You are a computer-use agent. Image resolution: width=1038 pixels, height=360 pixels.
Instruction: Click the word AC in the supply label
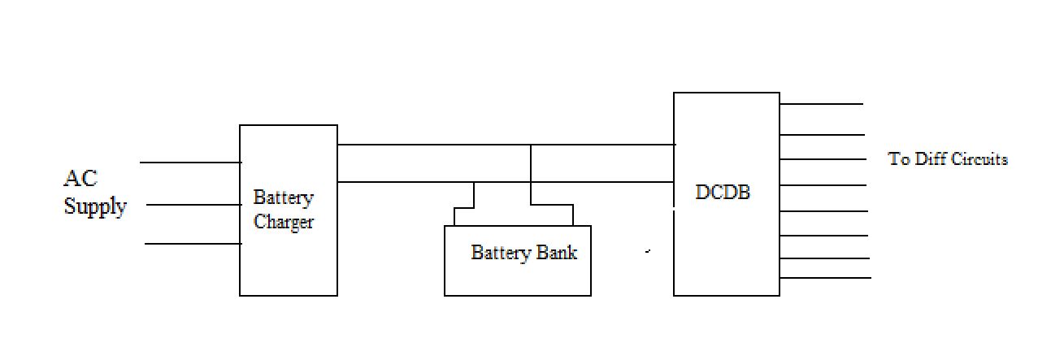(80, 179)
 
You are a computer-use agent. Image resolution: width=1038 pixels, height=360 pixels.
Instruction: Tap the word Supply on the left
(95, 206)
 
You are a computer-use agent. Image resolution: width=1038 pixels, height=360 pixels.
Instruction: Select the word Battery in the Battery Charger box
(283, 197)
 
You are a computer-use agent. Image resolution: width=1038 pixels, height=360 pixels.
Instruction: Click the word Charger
(284, 222)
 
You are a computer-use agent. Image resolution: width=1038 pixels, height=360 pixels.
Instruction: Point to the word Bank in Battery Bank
(557, 253)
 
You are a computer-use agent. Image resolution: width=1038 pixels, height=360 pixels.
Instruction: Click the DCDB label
(723, 193)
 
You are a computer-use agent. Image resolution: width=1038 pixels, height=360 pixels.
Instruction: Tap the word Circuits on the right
(979, 159)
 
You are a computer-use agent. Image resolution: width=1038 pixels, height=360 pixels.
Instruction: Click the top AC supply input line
(190, 163)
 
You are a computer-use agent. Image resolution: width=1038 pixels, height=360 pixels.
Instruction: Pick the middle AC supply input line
(193, 205)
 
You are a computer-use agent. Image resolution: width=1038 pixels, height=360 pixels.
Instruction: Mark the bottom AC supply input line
(193, 243)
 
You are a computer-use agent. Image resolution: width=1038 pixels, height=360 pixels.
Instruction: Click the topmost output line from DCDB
(821, 104)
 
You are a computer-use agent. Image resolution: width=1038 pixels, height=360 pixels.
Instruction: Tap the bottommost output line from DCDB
(825, 278)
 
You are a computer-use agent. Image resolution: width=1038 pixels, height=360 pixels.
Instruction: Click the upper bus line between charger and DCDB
(431, 145)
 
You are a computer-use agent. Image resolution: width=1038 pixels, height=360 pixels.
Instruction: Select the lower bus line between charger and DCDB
(406, 182)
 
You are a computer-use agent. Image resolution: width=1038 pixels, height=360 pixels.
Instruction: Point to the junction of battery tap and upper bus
(531, 145)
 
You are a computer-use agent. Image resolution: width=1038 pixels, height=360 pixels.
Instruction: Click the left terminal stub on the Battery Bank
(454, 216)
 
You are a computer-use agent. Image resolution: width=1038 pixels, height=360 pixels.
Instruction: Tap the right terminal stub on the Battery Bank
(573, 215)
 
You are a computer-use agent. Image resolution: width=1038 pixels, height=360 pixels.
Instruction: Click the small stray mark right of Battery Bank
(648, 252)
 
